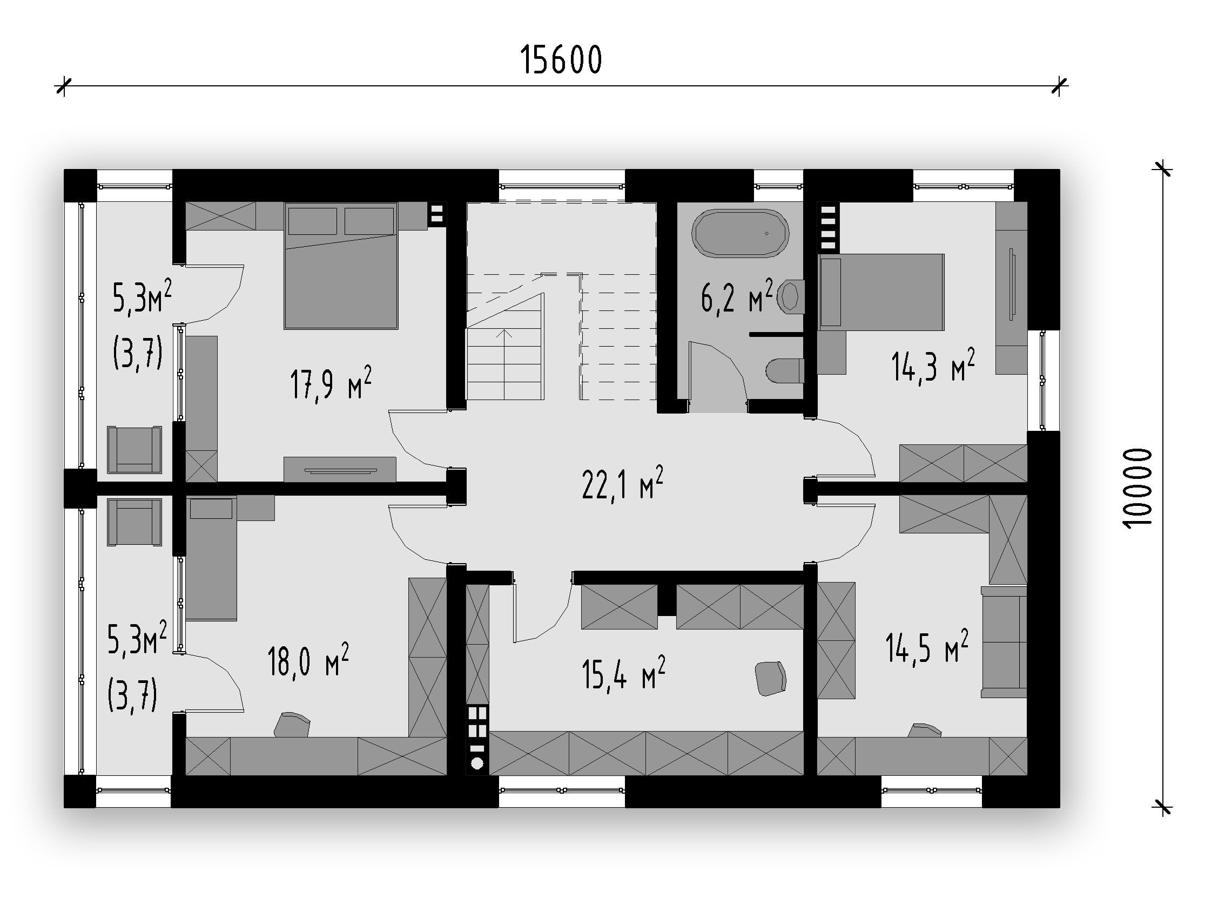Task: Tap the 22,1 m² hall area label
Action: tap(622, 483)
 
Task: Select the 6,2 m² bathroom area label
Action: tap(737, 296)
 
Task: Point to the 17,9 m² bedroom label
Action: tap(331, 382)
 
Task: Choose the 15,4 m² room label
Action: tap(624, 673)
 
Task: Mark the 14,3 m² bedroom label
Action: tap(933, 366)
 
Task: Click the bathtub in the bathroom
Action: tap(741, 233)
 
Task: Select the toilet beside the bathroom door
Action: tap(785, 371)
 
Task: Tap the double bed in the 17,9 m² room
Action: tap(341, 266)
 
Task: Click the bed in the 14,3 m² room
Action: tap(881, 292)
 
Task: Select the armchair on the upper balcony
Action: tap(134, 450)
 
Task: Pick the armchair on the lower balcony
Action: tap(134, 522)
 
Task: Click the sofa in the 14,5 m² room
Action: tap(1004, 642)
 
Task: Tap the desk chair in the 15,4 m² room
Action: tap(771, 678)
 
